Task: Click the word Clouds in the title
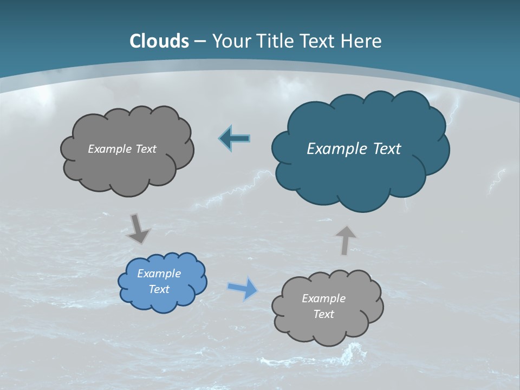159,41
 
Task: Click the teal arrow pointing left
234,138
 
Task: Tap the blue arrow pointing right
243,288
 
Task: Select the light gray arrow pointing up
346,240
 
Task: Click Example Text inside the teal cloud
354,149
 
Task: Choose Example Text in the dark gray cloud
122,149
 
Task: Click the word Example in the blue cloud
159,274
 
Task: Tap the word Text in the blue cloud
159,289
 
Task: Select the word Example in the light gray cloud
323,298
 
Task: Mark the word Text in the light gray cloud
323,314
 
